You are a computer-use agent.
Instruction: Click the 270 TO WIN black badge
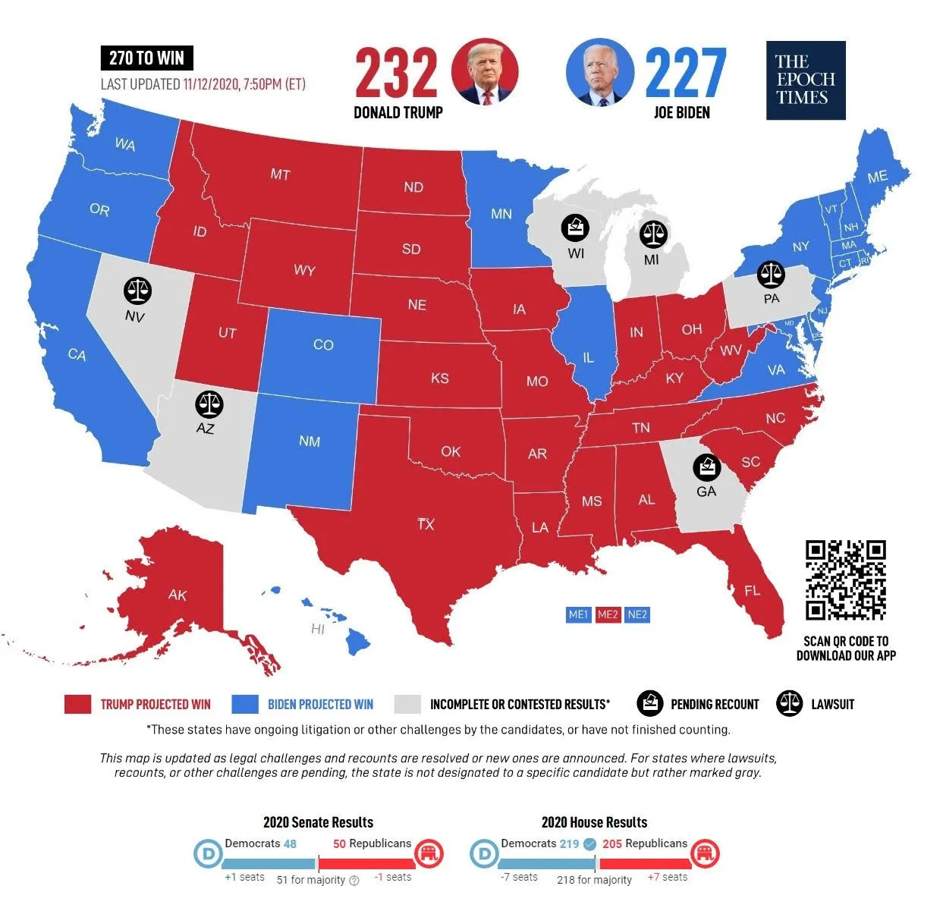(x=146, y=58)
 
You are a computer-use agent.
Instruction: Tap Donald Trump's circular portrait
(x=484, y=72)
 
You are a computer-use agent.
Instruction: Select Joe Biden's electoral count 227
(x=685, y=73)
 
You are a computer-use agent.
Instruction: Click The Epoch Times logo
(x=805, y=80)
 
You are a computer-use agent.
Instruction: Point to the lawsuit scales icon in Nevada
(x=137, y=291)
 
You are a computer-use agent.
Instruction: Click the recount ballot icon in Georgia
(x=707, y=467)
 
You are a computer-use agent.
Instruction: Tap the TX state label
(x=426, y=524)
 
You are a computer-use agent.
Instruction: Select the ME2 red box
(x=608, y=614)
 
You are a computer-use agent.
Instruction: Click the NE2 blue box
(x=637, y=614)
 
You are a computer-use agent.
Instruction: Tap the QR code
(x=845, y=580)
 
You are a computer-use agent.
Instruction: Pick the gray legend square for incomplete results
(x=407, y=704)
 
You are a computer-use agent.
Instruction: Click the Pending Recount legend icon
(x=650, y=704)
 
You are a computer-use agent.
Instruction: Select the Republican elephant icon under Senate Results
(x=429, y=854)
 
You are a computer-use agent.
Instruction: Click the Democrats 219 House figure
(x=569, y=843)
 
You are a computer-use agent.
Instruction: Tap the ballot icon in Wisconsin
(x=575, y=228)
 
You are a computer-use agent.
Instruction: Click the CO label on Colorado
(x=323, y=345)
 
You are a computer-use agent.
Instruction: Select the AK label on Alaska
(x=178, y=595)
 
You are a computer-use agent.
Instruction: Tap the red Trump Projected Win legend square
(x=77, y=704)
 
